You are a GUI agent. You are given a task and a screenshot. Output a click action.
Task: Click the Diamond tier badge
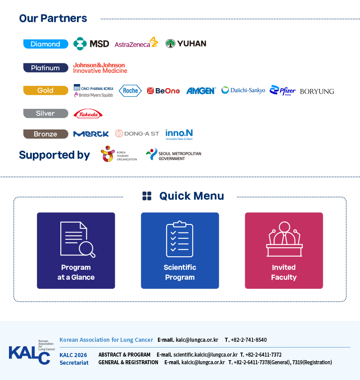click(x=45, y=44)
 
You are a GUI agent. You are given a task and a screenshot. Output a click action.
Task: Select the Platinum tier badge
click(x=45, y=67)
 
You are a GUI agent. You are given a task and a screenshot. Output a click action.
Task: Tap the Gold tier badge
click(x=45, y=90)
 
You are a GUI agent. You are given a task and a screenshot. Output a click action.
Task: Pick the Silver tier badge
click(x=45, y=113)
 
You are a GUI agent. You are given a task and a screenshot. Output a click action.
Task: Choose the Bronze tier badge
click(x=45, y=134)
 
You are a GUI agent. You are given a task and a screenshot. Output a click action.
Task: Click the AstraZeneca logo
click(x=136, y=42)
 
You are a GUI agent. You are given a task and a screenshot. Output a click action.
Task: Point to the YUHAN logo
click(x=186, y=44)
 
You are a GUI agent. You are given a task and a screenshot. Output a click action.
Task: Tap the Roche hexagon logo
click(x=130, y=91)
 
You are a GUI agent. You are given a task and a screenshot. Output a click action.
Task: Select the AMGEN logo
click(x=201, y=91)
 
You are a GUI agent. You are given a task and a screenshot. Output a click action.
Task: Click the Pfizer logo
click(x=283, y=90)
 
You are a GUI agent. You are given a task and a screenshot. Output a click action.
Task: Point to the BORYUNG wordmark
click(x=317, y=91)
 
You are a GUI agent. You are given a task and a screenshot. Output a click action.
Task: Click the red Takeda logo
click(x=88, y=114)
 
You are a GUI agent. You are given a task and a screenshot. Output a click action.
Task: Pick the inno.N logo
click(x=179, y=134)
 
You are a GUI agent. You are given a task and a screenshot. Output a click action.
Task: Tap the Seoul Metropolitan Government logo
click(x=173, y=155)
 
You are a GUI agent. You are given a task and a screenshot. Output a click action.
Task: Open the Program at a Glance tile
click(x=76, y=250)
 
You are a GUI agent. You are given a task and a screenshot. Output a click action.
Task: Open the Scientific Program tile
click(x=180, y=250)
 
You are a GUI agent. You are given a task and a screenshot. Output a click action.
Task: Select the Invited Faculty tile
click(x=284, y=250)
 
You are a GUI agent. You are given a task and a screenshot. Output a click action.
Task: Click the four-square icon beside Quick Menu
click(x=147, y=196)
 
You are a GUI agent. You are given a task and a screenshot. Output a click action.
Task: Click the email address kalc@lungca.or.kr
click(x=197, y=340)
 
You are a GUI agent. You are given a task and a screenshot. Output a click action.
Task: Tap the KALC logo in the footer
click(x=32, y=352)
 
